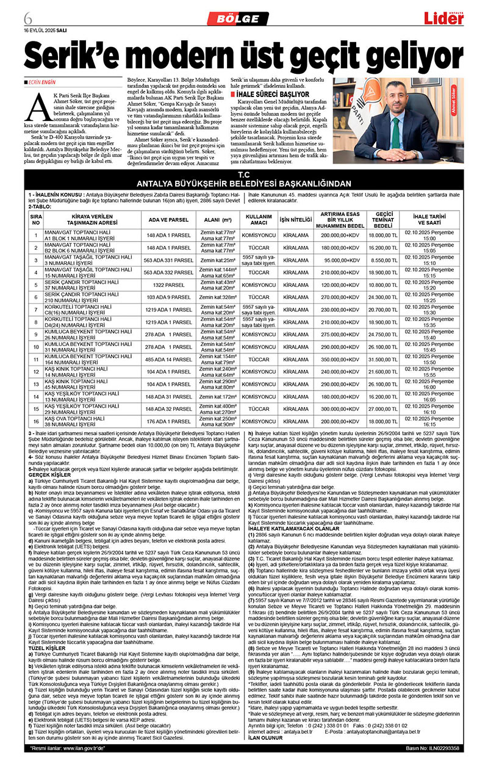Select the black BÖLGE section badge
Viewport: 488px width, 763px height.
point(237,19)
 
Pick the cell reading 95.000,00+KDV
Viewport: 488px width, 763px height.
point(342,259)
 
